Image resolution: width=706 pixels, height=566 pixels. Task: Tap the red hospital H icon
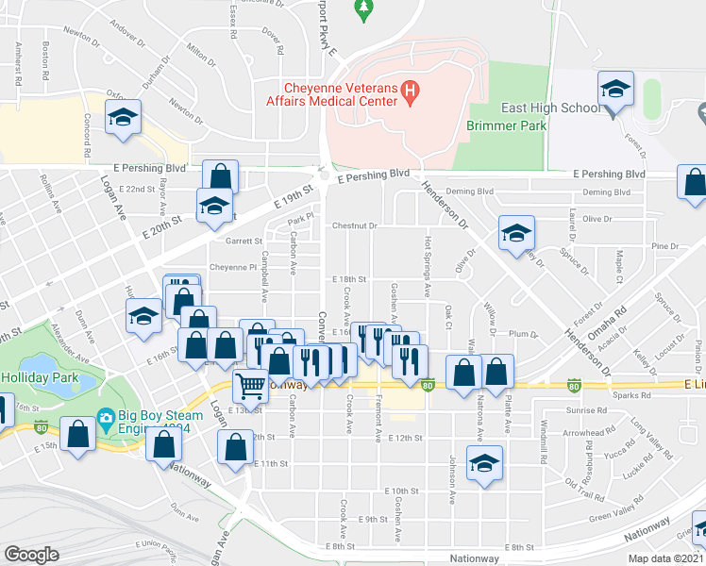click(x=410, y=91)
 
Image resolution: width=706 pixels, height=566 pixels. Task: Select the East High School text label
click(x=553, y=108)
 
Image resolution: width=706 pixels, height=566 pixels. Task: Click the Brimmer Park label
click(x=501, y=125)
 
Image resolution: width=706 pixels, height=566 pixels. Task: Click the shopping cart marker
click(x=250, y=385)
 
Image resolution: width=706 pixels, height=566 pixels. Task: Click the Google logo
click(x=31, y=555)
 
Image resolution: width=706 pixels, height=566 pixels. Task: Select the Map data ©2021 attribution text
click(x=666, y=558)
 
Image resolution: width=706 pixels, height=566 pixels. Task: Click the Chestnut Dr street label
click(x=355, y=226)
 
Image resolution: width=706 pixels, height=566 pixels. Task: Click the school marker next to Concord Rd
click(x=122, y=119)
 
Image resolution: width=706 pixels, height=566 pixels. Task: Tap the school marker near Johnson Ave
click(x=484, y=464)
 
